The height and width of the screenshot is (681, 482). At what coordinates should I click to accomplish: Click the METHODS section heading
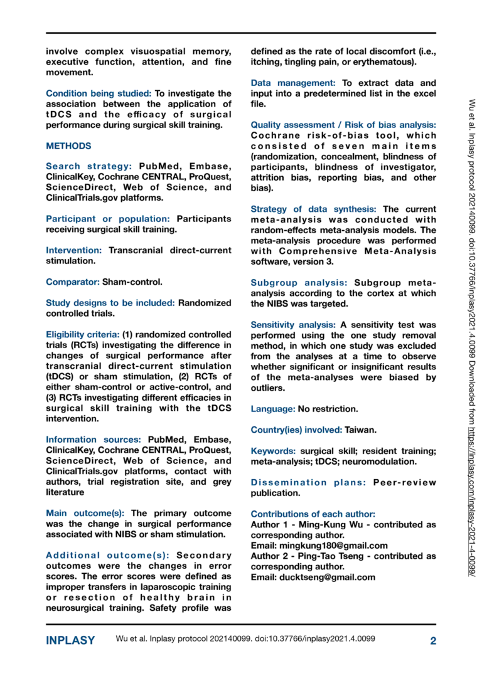click(68, 146)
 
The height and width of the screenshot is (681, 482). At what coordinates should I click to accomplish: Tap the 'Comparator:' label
click(73, 283)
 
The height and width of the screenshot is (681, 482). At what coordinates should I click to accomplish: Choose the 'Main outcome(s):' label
click(85, 512)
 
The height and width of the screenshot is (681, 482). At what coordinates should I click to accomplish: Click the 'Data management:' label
click(292, 83)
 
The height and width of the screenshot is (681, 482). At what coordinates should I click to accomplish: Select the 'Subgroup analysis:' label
click(299, 283)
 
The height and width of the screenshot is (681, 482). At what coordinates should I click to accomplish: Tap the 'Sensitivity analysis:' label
click(292, 325)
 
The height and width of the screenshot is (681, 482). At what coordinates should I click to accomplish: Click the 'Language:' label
click(273, 409)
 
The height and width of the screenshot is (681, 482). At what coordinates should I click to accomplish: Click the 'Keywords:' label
click(274, 451)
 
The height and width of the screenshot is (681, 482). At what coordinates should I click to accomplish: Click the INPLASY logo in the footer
click(70, 641)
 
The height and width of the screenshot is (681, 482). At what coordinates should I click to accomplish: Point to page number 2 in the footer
click(433, 641)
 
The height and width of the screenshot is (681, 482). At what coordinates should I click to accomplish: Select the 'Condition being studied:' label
click(99, 93)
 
